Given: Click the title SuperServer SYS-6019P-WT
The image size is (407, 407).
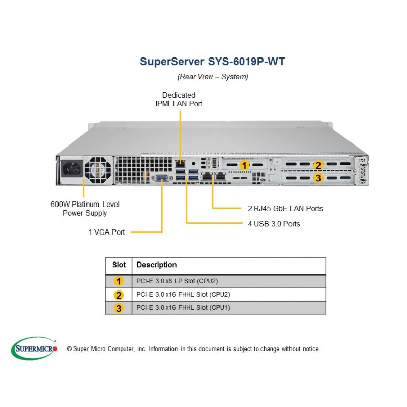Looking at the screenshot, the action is (212, 62).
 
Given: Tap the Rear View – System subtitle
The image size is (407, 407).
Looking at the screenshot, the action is (213, 77).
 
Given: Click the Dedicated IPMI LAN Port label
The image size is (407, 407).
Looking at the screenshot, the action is (179, 99).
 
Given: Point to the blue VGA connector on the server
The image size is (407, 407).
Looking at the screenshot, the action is (162, 178).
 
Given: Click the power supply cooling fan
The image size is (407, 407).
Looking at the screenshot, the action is (98, 170).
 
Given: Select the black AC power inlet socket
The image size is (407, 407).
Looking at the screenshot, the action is (72, 168).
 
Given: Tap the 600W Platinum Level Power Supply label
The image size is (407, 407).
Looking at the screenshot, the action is (85, 209).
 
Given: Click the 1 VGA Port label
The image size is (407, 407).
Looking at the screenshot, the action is (106, 232).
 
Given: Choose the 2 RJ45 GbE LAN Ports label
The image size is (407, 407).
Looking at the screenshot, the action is (285, 209).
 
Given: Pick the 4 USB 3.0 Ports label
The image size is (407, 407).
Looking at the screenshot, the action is (274, 224).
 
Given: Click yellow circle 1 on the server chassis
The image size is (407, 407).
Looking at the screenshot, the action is (244, 165).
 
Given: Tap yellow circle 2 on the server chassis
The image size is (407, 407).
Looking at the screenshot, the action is (318, 165).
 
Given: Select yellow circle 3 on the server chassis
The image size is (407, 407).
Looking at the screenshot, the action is (318, 178).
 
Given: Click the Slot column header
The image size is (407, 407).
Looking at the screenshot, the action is (119, 265).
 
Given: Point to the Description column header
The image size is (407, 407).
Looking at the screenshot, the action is (157, 265).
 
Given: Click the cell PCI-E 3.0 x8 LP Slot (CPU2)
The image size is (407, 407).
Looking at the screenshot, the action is (177, 281).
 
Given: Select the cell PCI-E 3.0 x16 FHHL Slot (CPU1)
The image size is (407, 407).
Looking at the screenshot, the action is (183, 308).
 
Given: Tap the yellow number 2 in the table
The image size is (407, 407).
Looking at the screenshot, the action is (119, 295).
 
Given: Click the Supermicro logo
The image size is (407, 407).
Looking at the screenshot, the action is (34, 348).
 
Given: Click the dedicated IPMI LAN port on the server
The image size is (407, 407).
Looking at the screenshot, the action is (180, 163).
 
